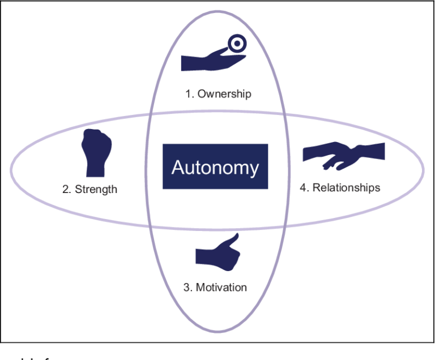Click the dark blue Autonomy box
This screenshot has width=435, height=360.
215,166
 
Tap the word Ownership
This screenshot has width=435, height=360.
224,94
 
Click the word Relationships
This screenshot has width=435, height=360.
346,187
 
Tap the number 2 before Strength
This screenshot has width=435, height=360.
65,189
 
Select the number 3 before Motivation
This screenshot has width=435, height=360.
186,288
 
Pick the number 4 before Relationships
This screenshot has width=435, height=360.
303,187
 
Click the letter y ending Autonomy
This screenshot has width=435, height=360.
253,169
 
